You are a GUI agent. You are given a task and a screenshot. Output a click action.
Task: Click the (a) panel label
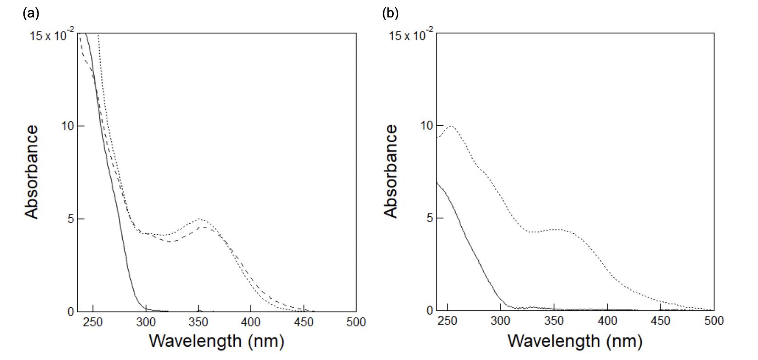coord(31,13)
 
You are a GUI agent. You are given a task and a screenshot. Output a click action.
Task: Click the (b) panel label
coord(390,13)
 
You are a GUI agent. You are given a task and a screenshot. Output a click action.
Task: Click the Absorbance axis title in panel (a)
coord(32,172)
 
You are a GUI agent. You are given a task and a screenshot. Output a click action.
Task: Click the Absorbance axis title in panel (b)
coord(391,171)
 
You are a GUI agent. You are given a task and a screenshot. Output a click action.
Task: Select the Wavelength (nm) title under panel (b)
coord(575,341)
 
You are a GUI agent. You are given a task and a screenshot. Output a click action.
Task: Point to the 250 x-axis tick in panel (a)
coord(93,322)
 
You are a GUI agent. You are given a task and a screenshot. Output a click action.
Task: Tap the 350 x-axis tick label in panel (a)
coord(198,322)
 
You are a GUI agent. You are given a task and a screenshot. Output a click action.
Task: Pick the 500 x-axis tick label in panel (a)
coord(356,322)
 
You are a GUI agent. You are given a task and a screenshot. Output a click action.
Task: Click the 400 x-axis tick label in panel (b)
coord(608,321)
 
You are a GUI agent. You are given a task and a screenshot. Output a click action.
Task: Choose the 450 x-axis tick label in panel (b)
coord(661,321)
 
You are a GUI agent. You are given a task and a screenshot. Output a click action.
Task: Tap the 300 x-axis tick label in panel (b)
coord(501,321)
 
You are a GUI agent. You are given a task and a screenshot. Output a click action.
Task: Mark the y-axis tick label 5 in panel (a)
coord(70,219)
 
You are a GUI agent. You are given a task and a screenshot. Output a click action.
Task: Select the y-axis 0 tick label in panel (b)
coord(430,310)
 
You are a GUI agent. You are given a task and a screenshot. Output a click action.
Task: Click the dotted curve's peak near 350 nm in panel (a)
coord(200,219)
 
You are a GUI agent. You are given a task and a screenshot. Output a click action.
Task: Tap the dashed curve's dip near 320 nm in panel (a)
coord(170,241)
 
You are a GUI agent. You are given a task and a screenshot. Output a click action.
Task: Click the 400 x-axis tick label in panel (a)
coord(251,322)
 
